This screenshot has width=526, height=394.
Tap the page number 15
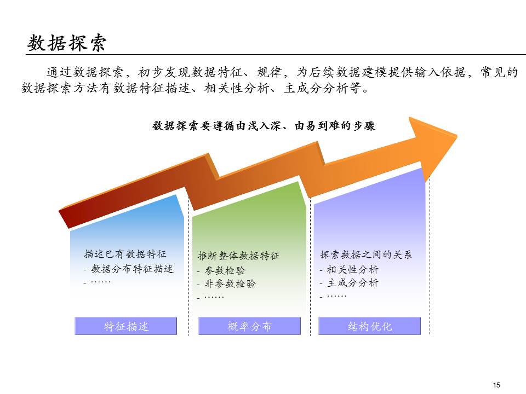[496, 385]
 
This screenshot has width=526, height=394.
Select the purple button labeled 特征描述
[126, 327]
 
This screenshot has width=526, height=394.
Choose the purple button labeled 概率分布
[249, 327]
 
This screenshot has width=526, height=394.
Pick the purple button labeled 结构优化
[370, 327]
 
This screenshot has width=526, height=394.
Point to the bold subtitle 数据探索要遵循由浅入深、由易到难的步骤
[264, 125]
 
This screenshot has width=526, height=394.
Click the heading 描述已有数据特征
[125, 254]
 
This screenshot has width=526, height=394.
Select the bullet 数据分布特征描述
[132, 269]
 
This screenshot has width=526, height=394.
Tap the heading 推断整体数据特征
[238, 256]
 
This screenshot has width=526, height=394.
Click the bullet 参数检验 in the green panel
[225, 270]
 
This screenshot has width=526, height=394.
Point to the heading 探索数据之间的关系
[365, 254]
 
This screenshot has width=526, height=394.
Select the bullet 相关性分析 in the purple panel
[352, 269]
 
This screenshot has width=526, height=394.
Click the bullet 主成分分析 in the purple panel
[352, 283]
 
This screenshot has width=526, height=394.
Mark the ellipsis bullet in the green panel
[214, 297]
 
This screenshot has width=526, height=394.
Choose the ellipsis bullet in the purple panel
[336, 296]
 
